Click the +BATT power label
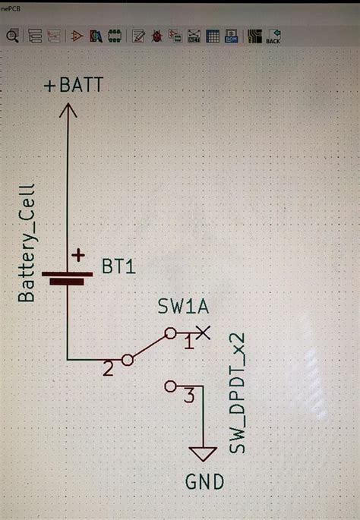(73, 86)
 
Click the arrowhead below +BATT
(68, 112)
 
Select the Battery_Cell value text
(27, 242)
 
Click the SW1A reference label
(183, 307)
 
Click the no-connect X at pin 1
(203, 332)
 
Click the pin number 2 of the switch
(108, 370)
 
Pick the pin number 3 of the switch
(190, 395)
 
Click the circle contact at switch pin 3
(169, 386)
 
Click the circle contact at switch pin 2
(128, 360)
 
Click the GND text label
(204, 481)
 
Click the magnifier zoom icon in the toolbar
(12, 36)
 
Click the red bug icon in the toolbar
(157, 36)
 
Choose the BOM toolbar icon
(231, 36)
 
